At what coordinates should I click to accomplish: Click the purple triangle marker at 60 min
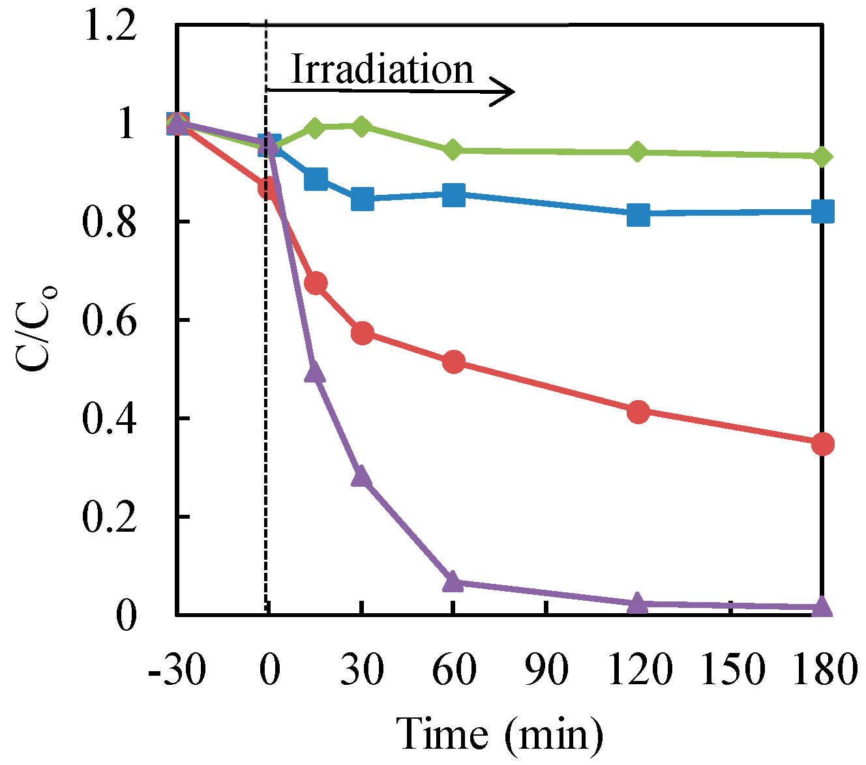click(x=453, y=582)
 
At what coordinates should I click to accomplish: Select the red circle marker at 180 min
click(x=822, y=444)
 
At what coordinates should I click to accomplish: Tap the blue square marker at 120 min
click(x=638, y=214)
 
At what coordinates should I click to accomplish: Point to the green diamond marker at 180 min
click(x=822, y=156)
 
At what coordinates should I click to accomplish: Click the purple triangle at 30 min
click(x=362, y=477)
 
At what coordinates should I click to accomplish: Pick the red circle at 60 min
click(x=453, y=362)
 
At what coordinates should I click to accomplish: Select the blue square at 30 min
click(x=362, y=199)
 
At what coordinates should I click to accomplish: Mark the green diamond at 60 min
click(x=453, y=151)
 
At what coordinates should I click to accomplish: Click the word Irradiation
click(x=382, y=69)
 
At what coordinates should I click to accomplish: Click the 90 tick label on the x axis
click(x=546, y=669)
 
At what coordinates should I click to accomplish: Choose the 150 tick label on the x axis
click(x=731, y=669)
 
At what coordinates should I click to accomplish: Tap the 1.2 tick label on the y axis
click(x=110, y=28)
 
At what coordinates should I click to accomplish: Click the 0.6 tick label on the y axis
click(x=110, y=321)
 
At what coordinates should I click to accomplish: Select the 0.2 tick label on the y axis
click(x=110, y=517)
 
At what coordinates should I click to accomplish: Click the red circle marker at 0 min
click(x=267, y=188)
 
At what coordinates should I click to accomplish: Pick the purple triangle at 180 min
click(x=822, y=607)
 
